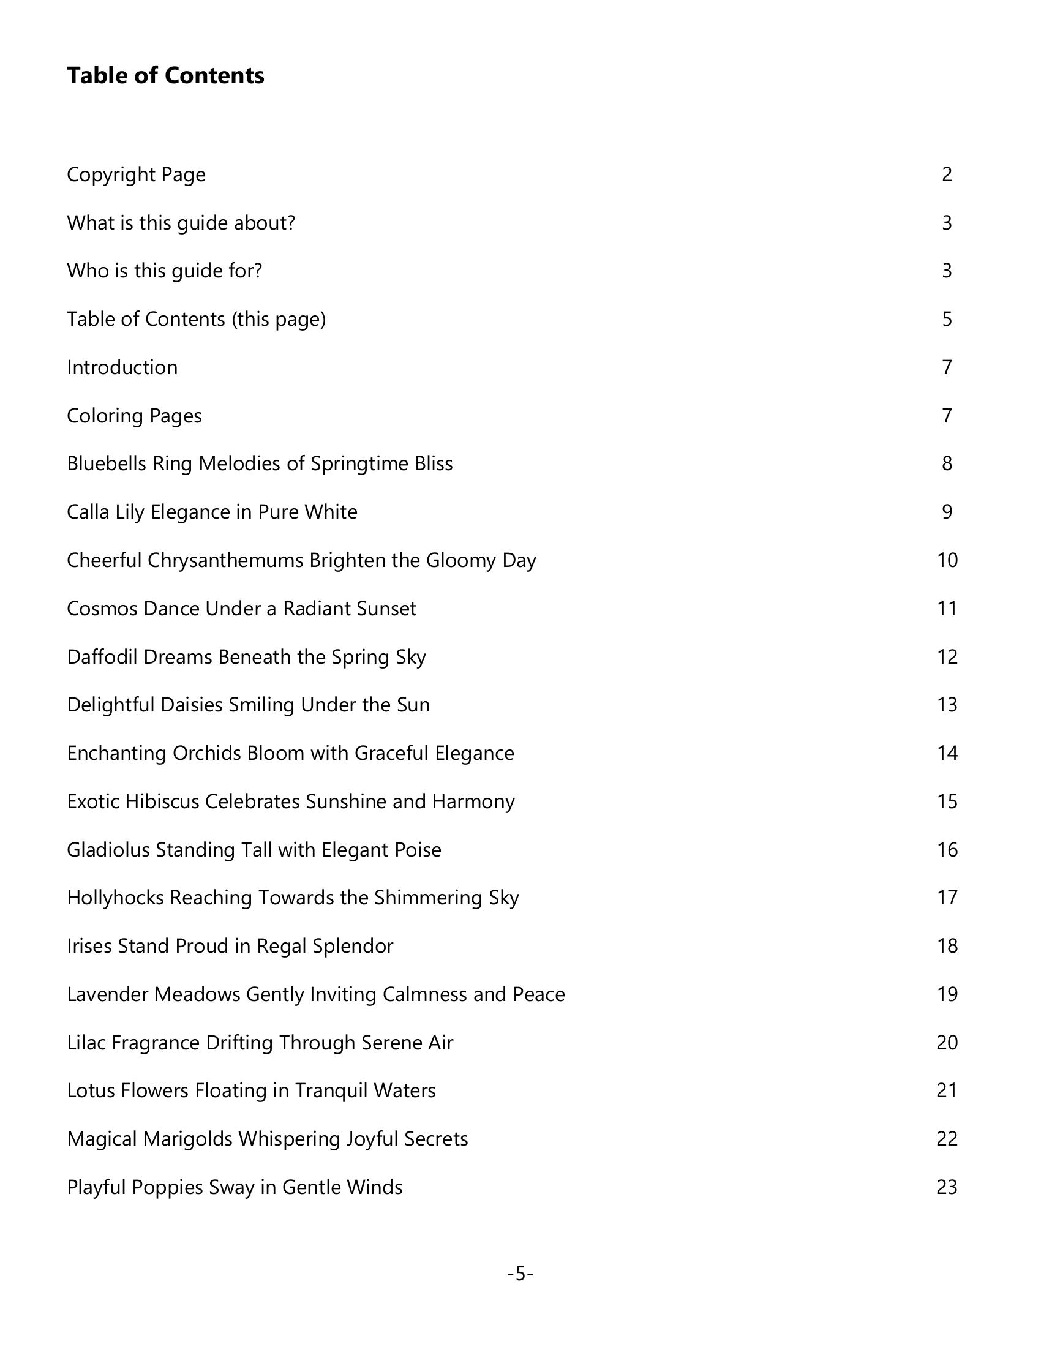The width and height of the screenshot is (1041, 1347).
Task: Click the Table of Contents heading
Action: point(165,76)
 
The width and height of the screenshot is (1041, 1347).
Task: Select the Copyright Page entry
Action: point(136,174)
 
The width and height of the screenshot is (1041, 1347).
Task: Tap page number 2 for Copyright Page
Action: point(947,174)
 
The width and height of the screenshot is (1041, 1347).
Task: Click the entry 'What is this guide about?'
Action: point(181,223)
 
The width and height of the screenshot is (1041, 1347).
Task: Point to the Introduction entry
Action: point(122,367)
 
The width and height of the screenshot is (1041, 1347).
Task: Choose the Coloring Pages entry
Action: point(134,416)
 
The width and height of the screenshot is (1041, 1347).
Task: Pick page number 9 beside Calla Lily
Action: point(947,512)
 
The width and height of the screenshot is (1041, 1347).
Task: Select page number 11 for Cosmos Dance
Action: point(947,609)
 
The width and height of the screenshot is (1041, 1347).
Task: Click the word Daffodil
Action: point(102,657)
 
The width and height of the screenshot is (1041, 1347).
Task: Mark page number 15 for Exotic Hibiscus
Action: point(947,801)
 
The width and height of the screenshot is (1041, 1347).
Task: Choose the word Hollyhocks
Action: point(115,898)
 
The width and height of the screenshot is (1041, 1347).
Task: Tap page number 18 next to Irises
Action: point(947,946)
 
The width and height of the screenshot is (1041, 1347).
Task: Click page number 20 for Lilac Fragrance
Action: point(947,1042)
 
